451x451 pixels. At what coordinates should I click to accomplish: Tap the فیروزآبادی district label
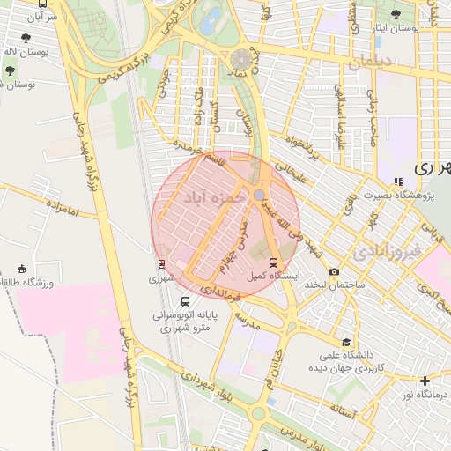click(388, 253)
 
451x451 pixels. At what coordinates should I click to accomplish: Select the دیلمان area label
click(373, 64)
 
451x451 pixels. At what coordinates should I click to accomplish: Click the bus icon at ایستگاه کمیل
click(273, 262)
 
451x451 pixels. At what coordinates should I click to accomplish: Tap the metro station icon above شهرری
click(161, 263)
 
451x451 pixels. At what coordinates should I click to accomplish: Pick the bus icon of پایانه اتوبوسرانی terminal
click(184, 299)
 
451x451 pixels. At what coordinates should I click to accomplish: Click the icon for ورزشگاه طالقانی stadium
click(22, 269)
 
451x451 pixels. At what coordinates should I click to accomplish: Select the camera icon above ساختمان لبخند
click(334, 272)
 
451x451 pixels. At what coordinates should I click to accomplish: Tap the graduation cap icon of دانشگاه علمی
click(346, 343)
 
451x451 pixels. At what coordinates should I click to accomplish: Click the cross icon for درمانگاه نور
click(425, 381)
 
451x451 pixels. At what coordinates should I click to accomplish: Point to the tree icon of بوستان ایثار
click(396, 14)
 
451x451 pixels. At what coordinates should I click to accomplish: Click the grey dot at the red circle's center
click(259, 194)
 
